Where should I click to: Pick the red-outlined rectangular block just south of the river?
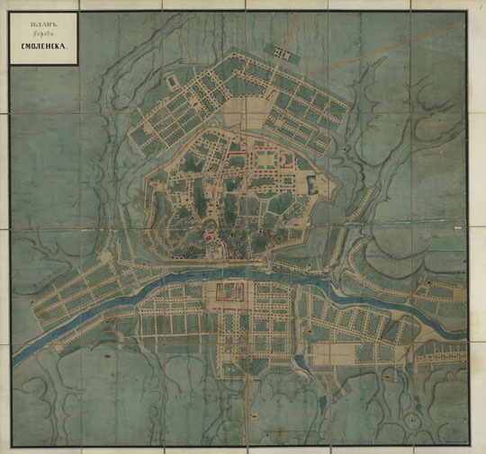(229, 291)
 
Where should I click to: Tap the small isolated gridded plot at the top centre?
(283, 56)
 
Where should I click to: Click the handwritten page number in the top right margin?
(479, 6)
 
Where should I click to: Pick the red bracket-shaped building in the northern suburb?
(270, 92)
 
